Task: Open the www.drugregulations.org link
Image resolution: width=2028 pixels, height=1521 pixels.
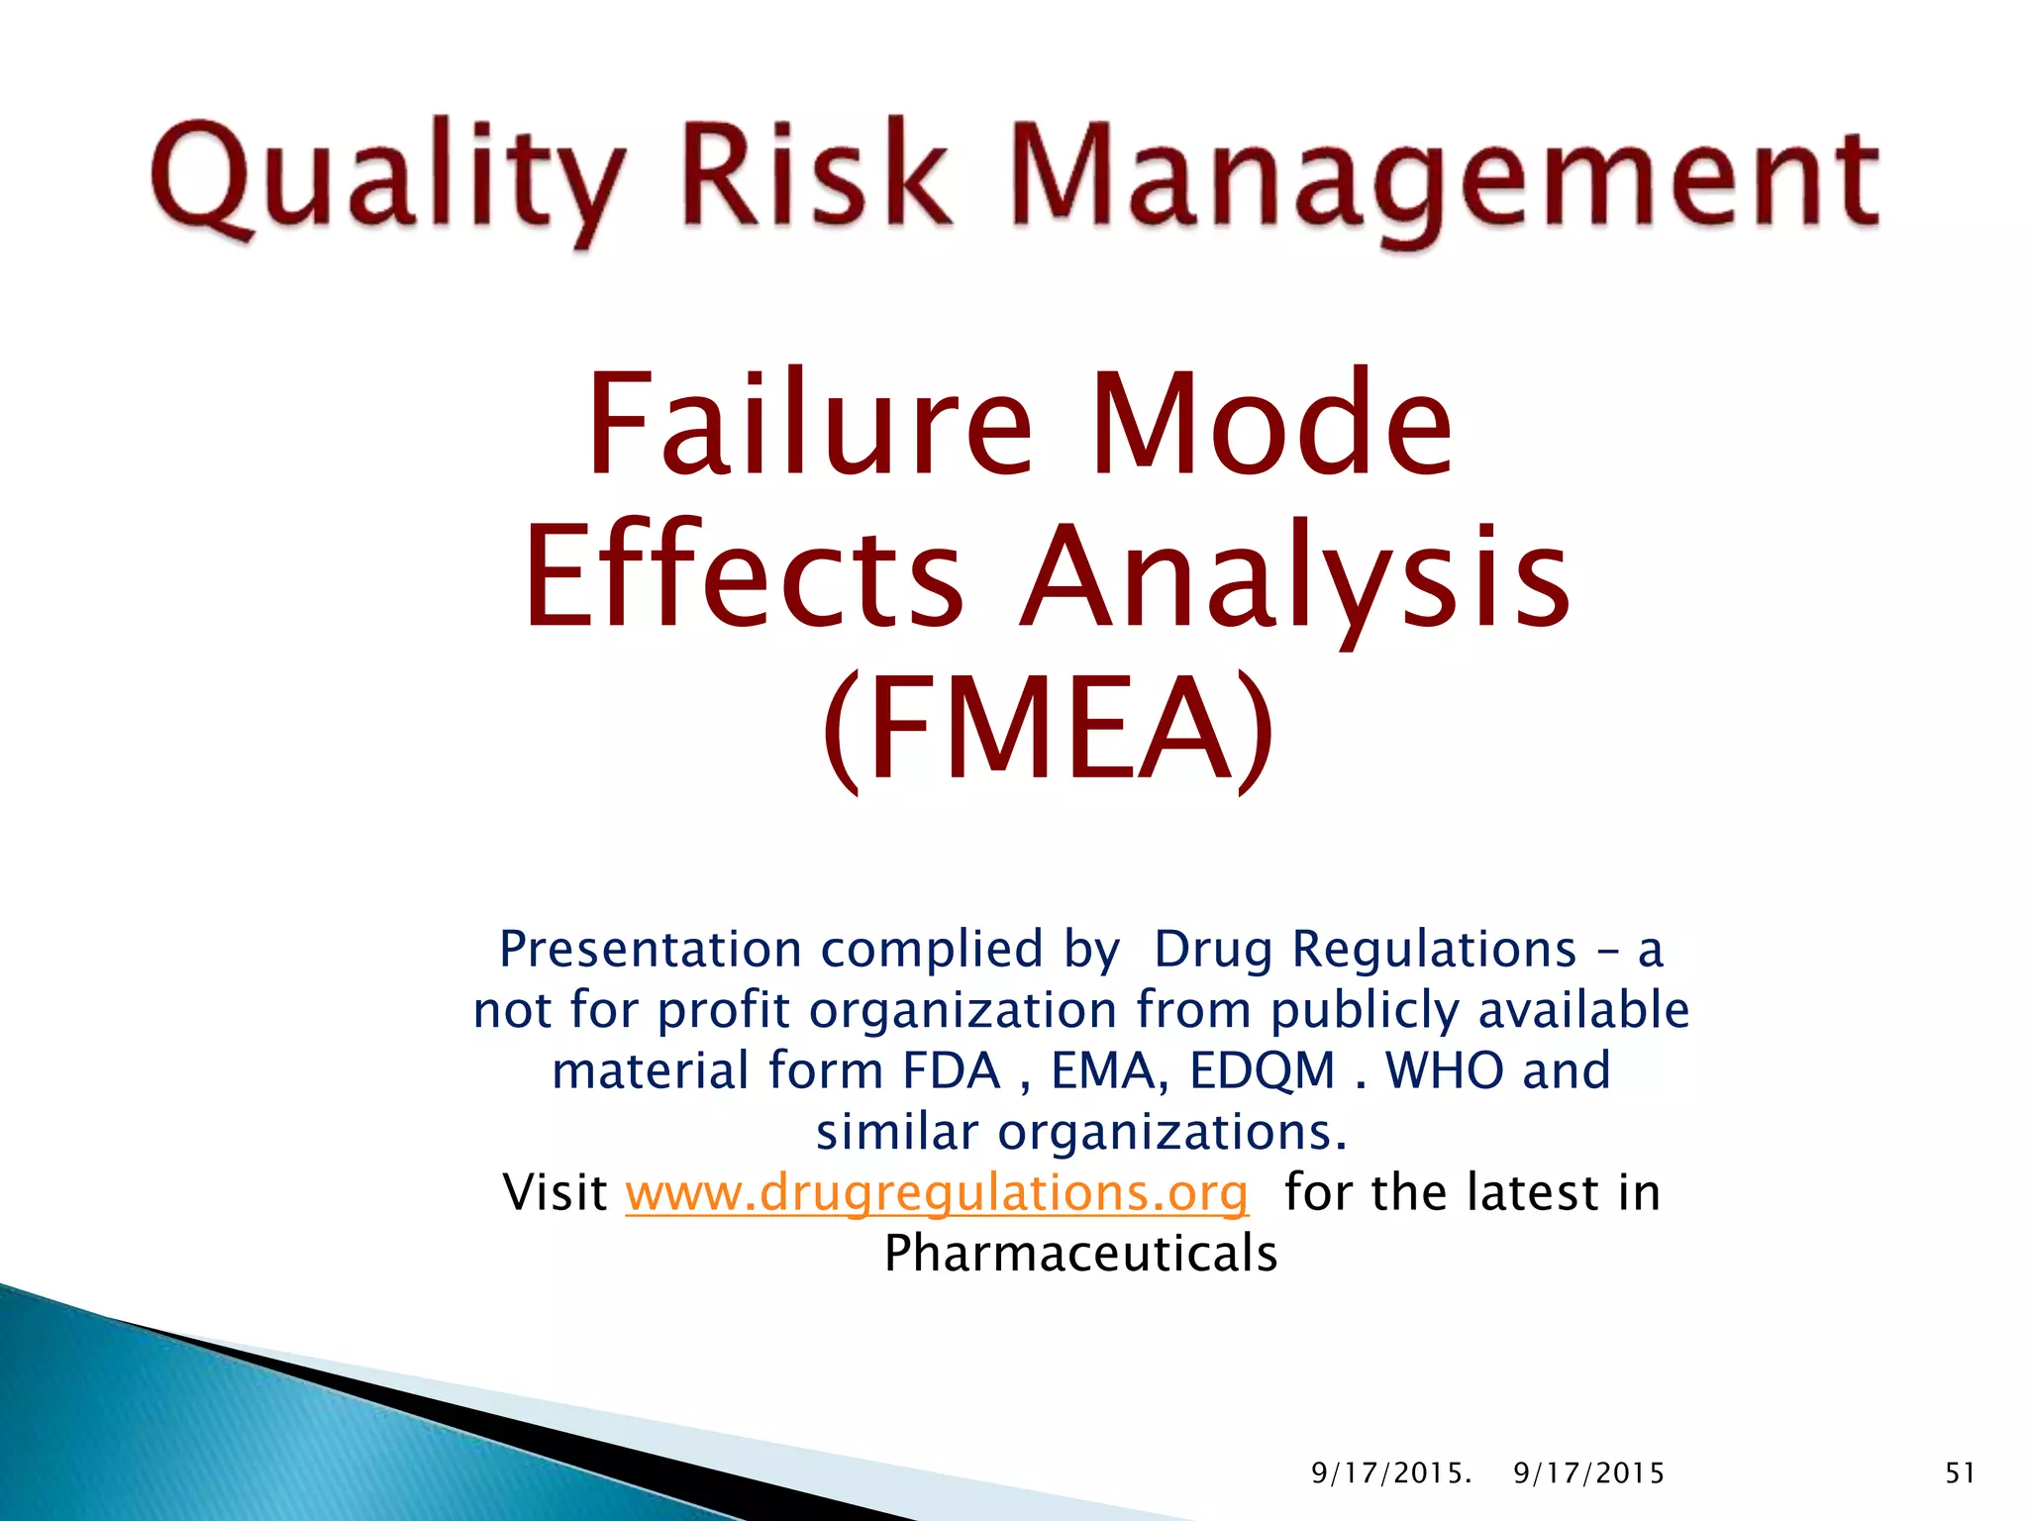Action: tap(937, 1192)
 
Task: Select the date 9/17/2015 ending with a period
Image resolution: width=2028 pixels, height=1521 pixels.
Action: tap(1391, 1473)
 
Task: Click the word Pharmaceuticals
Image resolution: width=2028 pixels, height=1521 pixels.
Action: tap(1080, 1254)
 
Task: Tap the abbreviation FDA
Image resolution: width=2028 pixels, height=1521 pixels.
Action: tap(952, 1070)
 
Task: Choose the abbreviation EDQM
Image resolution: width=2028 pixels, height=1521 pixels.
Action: tap(1263, 1070)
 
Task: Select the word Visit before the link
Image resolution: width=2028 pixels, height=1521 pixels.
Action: tap(555, 1192)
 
